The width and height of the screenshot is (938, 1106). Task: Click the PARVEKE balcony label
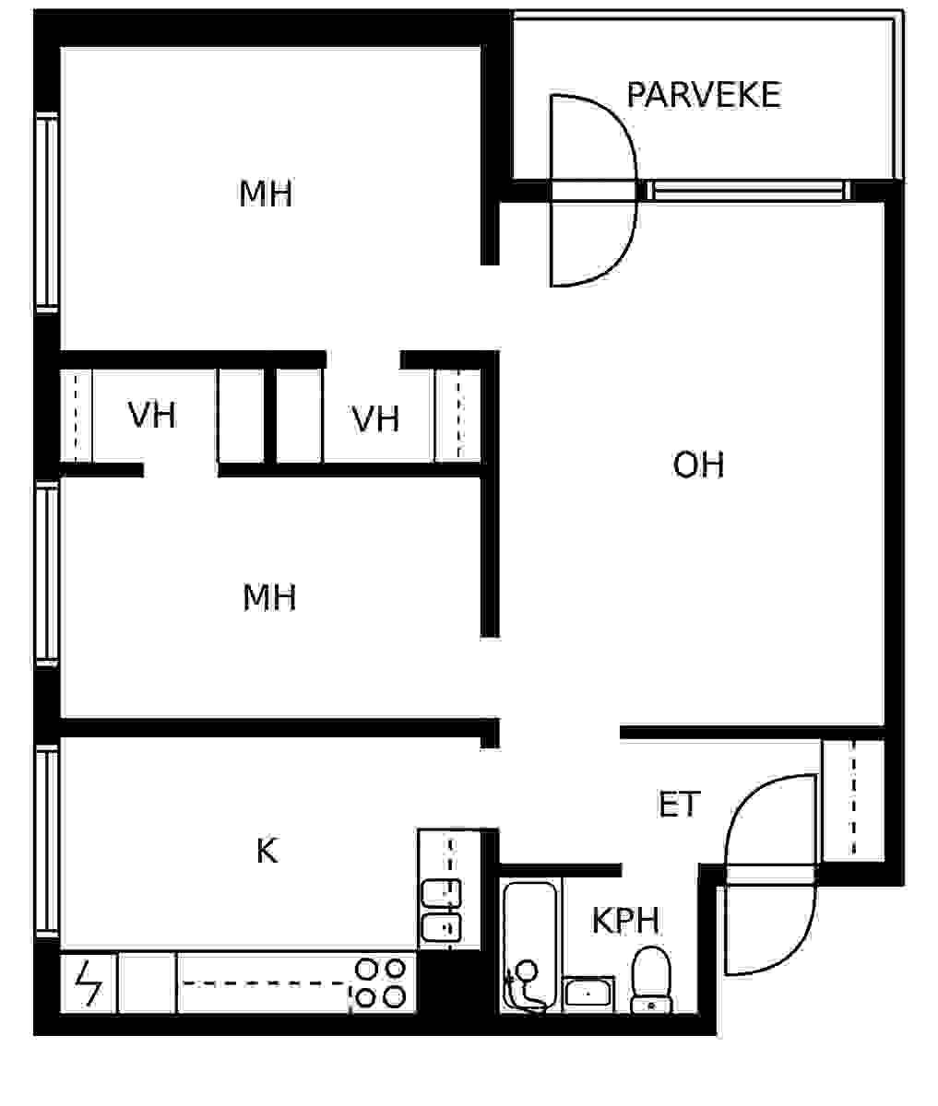click(704, 95)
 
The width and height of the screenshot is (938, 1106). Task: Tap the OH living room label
click(699, 465)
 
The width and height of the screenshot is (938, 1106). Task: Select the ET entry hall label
click(679, 804)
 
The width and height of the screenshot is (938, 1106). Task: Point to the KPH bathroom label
click(625, 920)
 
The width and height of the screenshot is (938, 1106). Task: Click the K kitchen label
click(267, 851)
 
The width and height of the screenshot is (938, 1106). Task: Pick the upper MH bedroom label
click(266, 194)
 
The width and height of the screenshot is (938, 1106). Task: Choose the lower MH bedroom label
click(269, 597)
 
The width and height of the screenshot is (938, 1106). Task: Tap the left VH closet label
click(151, 415)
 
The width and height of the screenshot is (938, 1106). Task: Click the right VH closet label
click(375, 418)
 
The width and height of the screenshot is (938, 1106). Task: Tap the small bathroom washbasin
click(588, 994)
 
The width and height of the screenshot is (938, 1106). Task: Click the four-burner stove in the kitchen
click(381, 982)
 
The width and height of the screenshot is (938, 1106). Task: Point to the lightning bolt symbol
click(89, 982)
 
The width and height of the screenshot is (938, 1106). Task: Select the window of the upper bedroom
click(47, 212)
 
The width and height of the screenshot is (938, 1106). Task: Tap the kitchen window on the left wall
click(47, 841)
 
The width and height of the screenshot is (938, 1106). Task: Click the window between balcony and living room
click(749, 190)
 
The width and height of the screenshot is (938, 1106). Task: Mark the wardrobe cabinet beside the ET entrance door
click(853, 801)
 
